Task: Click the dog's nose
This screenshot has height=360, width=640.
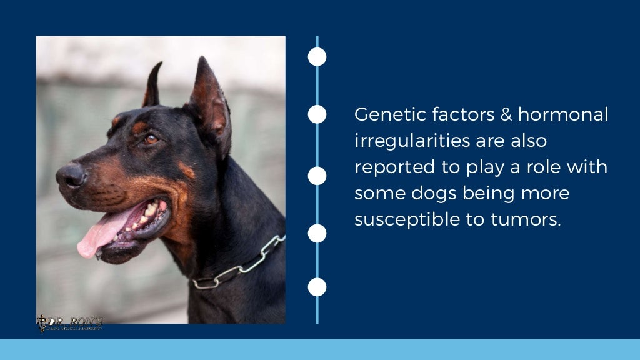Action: [69, 176]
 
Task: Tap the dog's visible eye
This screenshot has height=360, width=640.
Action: [151, 139]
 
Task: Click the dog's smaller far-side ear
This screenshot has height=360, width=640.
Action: [152, 86]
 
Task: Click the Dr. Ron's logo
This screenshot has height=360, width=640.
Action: [69, 322]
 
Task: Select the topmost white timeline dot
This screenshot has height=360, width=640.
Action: [317, 57]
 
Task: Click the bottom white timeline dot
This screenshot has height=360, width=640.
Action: [317, 287]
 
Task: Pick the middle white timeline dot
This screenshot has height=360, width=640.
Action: [317, 176]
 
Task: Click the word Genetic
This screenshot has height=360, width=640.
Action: [384, 115]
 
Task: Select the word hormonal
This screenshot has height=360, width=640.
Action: [563, 115]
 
